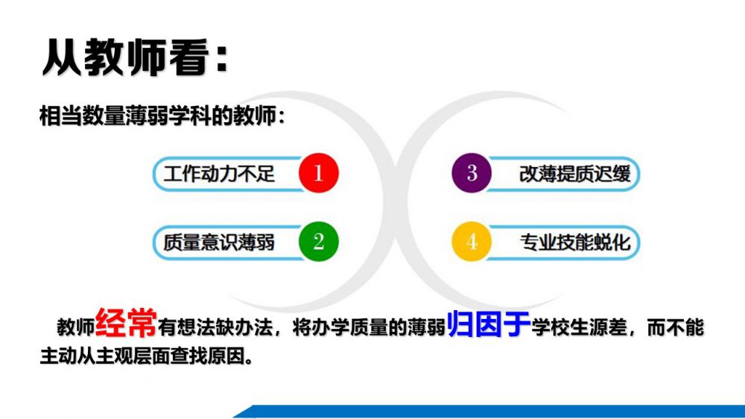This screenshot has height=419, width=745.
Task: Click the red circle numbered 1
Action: (x=318, y=173)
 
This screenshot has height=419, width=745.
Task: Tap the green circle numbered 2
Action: (x=318, y=241)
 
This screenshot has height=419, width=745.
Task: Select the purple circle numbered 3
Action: (x=472, y=173)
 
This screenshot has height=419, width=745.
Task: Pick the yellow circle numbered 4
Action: (x=472, y=241)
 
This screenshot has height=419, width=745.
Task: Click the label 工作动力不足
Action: (x=219, y=174)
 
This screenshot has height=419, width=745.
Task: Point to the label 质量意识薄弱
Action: (x=219, y=242)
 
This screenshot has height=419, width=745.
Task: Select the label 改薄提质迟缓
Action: (x=575, y=174)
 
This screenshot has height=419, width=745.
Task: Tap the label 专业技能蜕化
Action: (x=575, y=242)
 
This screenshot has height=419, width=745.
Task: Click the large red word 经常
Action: (x=126, y=323)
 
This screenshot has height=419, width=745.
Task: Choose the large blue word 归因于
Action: (x=489, y=324)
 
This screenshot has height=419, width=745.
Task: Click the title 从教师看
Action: (x=125, y=57)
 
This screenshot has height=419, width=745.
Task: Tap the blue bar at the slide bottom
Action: (x=489, y=412)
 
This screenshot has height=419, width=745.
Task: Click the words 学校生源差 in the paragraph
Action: (x=580, y=327)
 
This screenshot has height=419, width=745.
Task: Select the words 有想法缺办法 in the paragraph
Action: (x=215, y=327)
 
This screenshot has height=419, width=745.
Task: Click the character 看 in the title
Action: (x=188, y=57)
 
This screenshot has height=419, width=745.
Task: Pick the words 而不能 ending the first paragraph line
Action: (x=675, y=327)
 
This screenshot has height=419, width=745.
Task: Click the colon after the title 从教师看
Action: (x=221, y=59)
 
